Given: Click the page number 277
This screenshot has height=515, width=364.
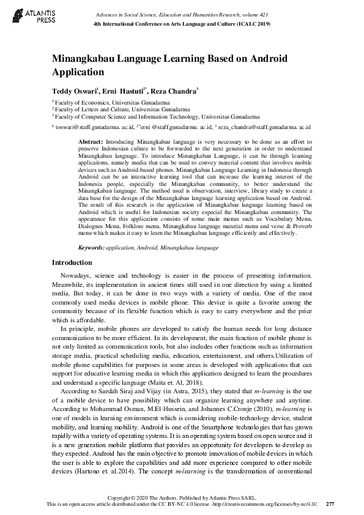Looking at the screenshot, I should [x=330, y=503].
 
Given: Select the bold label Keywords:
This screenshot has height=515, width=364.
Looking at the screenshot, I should [x=91, y=248].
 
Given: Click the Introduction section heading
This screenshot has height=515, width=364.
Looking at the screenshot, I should [x=72, y=262].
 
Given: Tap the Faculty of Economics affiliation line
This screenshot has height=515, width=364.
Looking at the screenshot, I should [x=111, y=103].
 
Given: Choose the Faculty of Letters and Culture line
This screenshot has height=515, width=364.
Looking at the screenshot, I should [x=117, y=109].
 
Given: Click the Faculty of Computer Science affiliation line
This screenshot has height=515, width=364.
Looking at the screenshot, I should [x=157, y=115].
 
